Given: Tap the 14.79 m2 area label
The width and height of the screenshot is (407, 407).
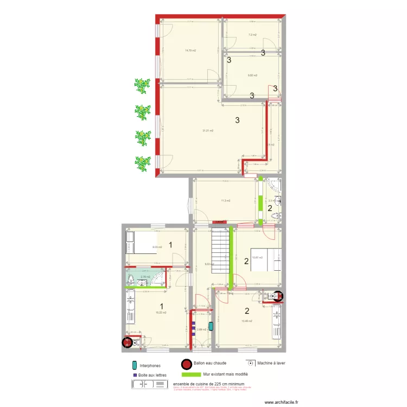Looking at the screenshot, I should [x=190, y=50].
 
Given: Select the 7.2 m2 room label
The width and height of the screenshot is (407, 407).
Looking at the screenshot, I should [x=252, y=35].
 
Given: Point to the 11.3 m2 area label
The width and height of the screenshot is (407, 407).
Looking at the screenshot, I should [x=225, y=201].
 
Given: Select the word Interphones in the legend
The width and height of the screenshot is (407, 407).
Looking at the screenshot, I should [x=150, y=366].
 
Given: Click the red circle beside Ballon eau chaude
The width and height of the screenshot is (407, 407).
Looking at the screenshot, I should [x=187, y=365].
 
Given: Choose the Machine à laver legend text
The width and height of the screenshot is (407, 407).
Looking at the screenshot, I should [x=274, y=363].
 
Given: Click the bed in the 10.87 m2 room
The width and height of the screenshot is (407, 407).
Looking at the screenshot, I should [x=265, y=259].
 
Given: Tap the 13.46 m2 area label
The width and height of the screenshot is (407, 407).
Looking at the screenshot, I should [x=247, y=321].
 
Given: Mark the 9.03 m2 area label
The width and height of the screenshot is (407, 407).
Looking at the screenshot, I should [x=157, y=247].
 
